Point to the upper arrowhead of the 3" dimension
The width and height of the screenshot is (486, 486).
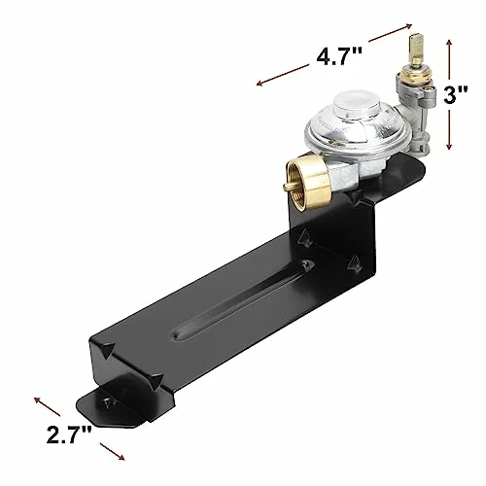tap(448, 42)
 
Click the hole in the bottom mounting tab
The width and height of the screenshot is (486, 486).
tap(105, 405)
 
